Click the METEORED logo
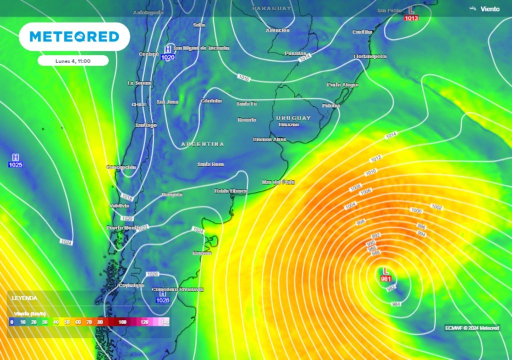click(x=74, y=36)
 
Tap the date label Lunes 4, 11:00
click(x=73, y=60)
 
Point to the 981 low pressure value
click(x=386, y=278)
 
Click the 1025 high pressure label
click(x=15, y=164)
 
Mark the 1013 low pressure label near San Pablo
click(x=411, y=18)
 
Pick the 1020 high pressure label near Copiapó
click(x=167, y=57)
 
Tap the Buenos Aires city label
click(x=269, y=139)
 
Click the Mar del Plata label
click(x=278, y=182)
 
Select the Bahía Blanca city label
click(x=228, y=191)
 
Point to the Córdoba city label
click(x=210, y=100)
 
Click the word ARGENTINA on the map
click(x=202, y=144)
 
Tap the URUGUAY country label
click(x=293, y=117)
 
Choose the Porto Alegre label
click(x=342, y=84)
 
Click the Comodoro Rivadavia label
click(x=177, y=289)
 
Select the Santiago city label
click(x=146, y=125)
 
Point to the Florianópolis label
click(x=370, y=56)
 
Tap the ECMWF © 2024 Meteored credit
click(x=472, y=328)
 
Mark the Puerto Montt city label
click(x=121, y=228)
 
